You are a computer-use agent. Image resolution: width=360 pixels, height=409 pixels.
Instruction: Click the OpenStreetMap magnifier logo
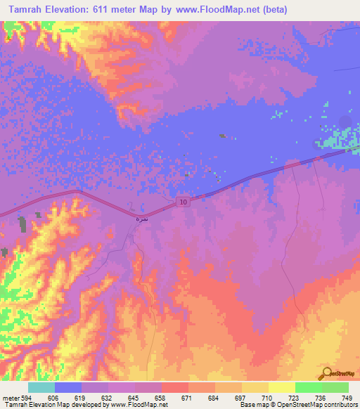pyautogui.click(x=325, y=372)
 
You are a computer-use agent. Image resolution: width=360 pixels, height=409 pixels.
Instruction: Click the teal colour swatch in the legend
pyautogui.click(x=41, y=387)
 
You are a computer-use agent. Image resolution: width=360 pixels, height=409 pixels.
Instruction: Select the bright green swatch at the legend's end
pyautogui.click(x=335, y=387)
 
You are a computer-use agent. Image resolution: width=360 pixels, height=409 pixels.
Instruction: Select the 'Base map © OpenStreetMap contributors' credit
pyautogui.click(x=295, y=405)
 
